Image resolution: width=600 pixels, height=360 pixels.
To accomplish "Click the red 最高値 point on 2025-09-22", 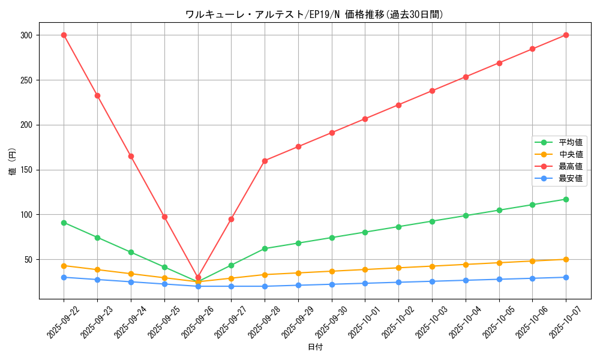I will [x=64, y=35].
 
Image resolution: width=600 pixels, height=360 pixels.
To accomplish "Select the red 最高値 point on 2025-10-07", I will [x=566, y=35].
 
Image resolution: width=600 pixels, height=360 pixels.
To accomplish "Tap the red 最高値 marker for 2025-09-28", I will [x=265, y=161].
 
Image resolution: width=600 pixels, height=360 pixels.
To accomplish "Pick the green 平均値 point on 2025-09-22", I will [x=64, y=223].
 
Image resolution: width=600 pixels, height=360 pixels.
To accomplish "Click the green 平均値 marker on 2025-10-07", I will [x=566, y=199].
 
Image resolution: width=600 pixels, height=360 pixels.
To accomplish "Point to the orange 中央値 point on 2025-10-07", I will [x=566, y=259].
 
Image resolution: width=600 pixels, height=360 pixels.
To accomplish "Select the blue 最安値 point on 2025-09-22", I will [x=64, y=277].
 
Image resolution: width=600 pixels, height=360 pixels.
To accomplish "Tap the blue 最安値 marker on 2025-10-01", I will [x=365, y=283].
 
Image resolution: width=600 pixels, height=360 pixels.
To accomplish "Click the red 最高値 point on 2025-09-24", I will [x=131, y=156].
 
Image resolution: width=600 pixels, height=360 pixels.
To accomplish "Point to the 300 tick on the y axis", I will [x=26, y=35].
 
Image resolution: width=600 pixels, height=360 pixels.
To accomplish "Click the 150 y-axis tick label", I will [x=26, y=170].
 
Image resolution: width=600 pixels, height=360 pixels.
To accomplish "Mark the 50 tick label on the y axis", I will [x=28, y=260].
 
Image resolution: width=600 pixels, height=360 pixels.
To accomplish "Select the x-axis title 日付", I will [x=315, y=347].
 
